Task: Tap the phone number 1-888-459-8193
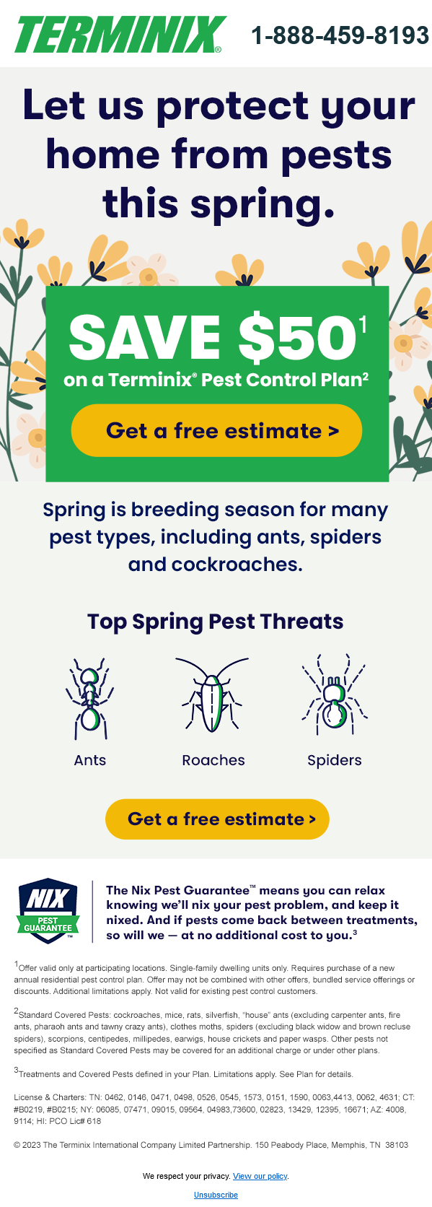pyautogui.click(x=340, y=35)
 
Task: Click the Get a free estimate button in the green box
pyautogui.click(x=216, y=430)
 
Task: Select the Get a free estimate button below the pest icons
pyautogui.click(x=217, y=819)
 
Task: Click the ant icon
pyautogui.click(x=89, y=698)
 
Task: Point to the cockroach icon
pyautogui.click(x=213, y=695)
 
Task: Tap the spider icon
pyautogui.click(x=334, y=694)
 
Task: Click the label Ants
pyautogui.click(x=90, y=760)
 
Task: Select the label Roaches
pyautogui.click(x=213, y=760)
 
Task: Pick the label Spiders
pyautogui.click(x=335, y=761)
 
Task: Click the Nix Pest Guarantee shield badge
pyautogui.click(x=48, y=910)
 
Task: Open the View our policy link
pyautogui.click(x=260, y=1176)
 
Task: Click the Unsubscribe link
pyautogui.click(x=216, y=1195)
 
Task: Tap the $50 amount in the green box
pyautogui.click(x=297, y=337)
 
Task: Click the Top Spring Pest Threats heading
pyautogui.click(x=216, y=622)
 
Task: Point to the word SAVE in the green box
pyautogui.click(x=144, y=337)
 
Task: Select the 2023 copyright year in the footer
pyautogui.click(x=31, y=1144)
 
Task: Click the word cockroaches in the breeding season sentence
pyautogui.click(x=237, y=565)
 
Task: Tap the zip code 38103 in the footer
pyautogui.click(x=397, y=1144)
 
